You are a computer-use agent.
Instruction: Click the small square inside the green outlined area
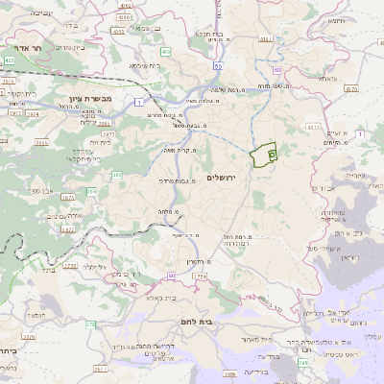pos(272,152)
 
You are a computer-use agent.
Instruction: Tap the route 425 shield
pos(9,60)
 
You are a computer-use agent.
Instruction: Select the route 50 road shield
pos(219,66)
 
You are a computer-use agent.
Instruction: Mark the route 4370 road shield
pos(312,126)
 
